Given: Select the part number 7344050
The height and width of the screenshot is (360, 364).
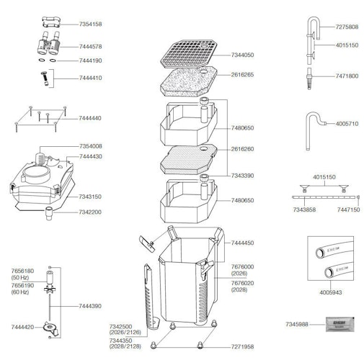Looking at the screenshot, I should pos(242,55).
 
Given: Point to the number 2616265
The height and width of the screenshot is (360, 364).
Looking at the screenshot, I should pos(242,74).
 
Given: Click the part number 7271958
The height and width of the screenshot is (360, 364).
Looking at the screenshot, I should pos(242,346).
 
